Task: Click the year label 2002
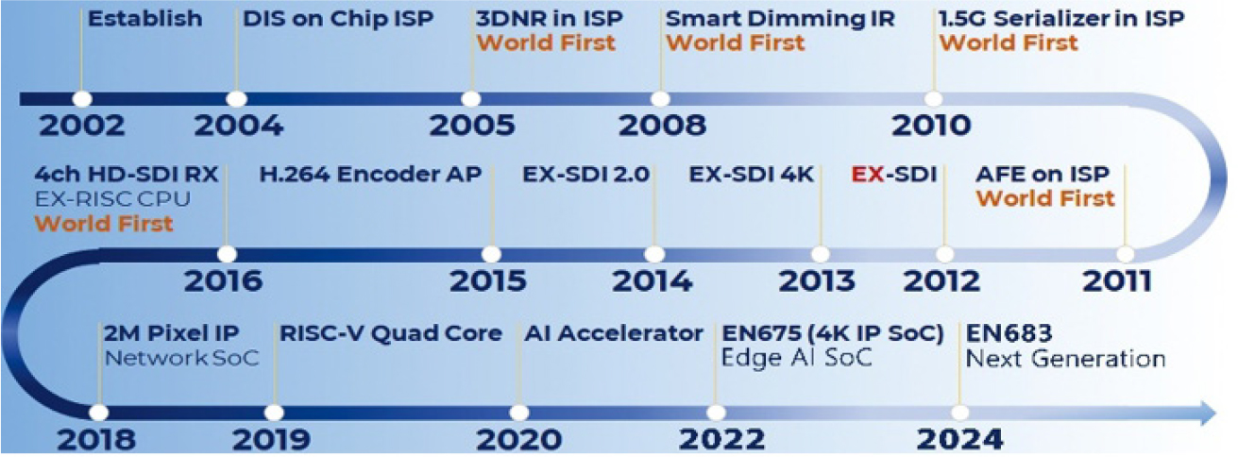(x=82, y=126)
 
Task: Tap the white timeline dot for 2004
(x=236, y=99)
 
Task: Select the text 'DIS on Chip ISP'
(x=338, y=19)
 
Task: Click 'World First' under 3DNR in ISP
(x=546, y=42)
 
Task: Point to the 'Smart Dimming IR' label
(x=780, y=19)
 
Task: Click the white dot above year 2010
(x=934, y=99)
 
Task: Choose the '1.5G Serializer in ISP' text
(x=1061, y=19)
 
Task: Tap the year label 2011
(x=1116, y=281)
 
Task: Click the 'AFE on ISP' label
(x=1043, y=174)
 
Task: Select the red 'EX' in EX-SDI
(x=868, y=174)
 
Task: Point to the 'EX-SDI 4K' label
(x=751, y=174)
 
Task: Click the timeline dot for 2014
(x=654, y=254)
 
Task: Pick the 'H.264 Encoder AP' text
(x=370, y=174)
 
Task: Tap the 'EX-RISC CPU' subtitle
(x=112, y=199)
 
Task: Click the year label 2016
(x=223, y=281)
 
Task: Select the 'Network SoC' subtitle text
(x=182, y=358)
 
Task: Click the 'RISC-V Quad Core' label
(x=391, y=333)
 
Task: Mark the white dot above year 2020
(x=519, y=413)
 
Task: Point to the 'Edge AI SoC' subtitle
(x=797, y=358)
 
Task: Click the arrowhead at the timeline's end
(x=1208, y=413)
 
